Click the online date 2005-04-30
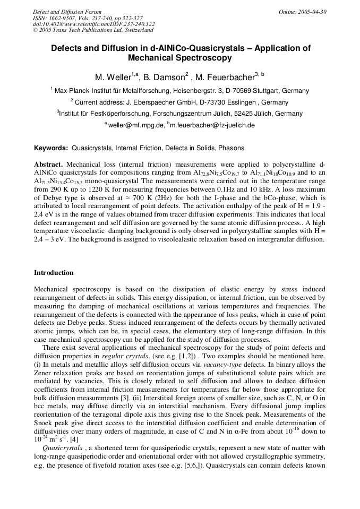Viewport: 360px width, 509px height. point(313,11)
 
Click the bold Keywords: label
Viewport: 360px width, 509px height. point(51,148)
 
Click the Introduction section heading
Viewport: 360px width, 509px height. point(54,273)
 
